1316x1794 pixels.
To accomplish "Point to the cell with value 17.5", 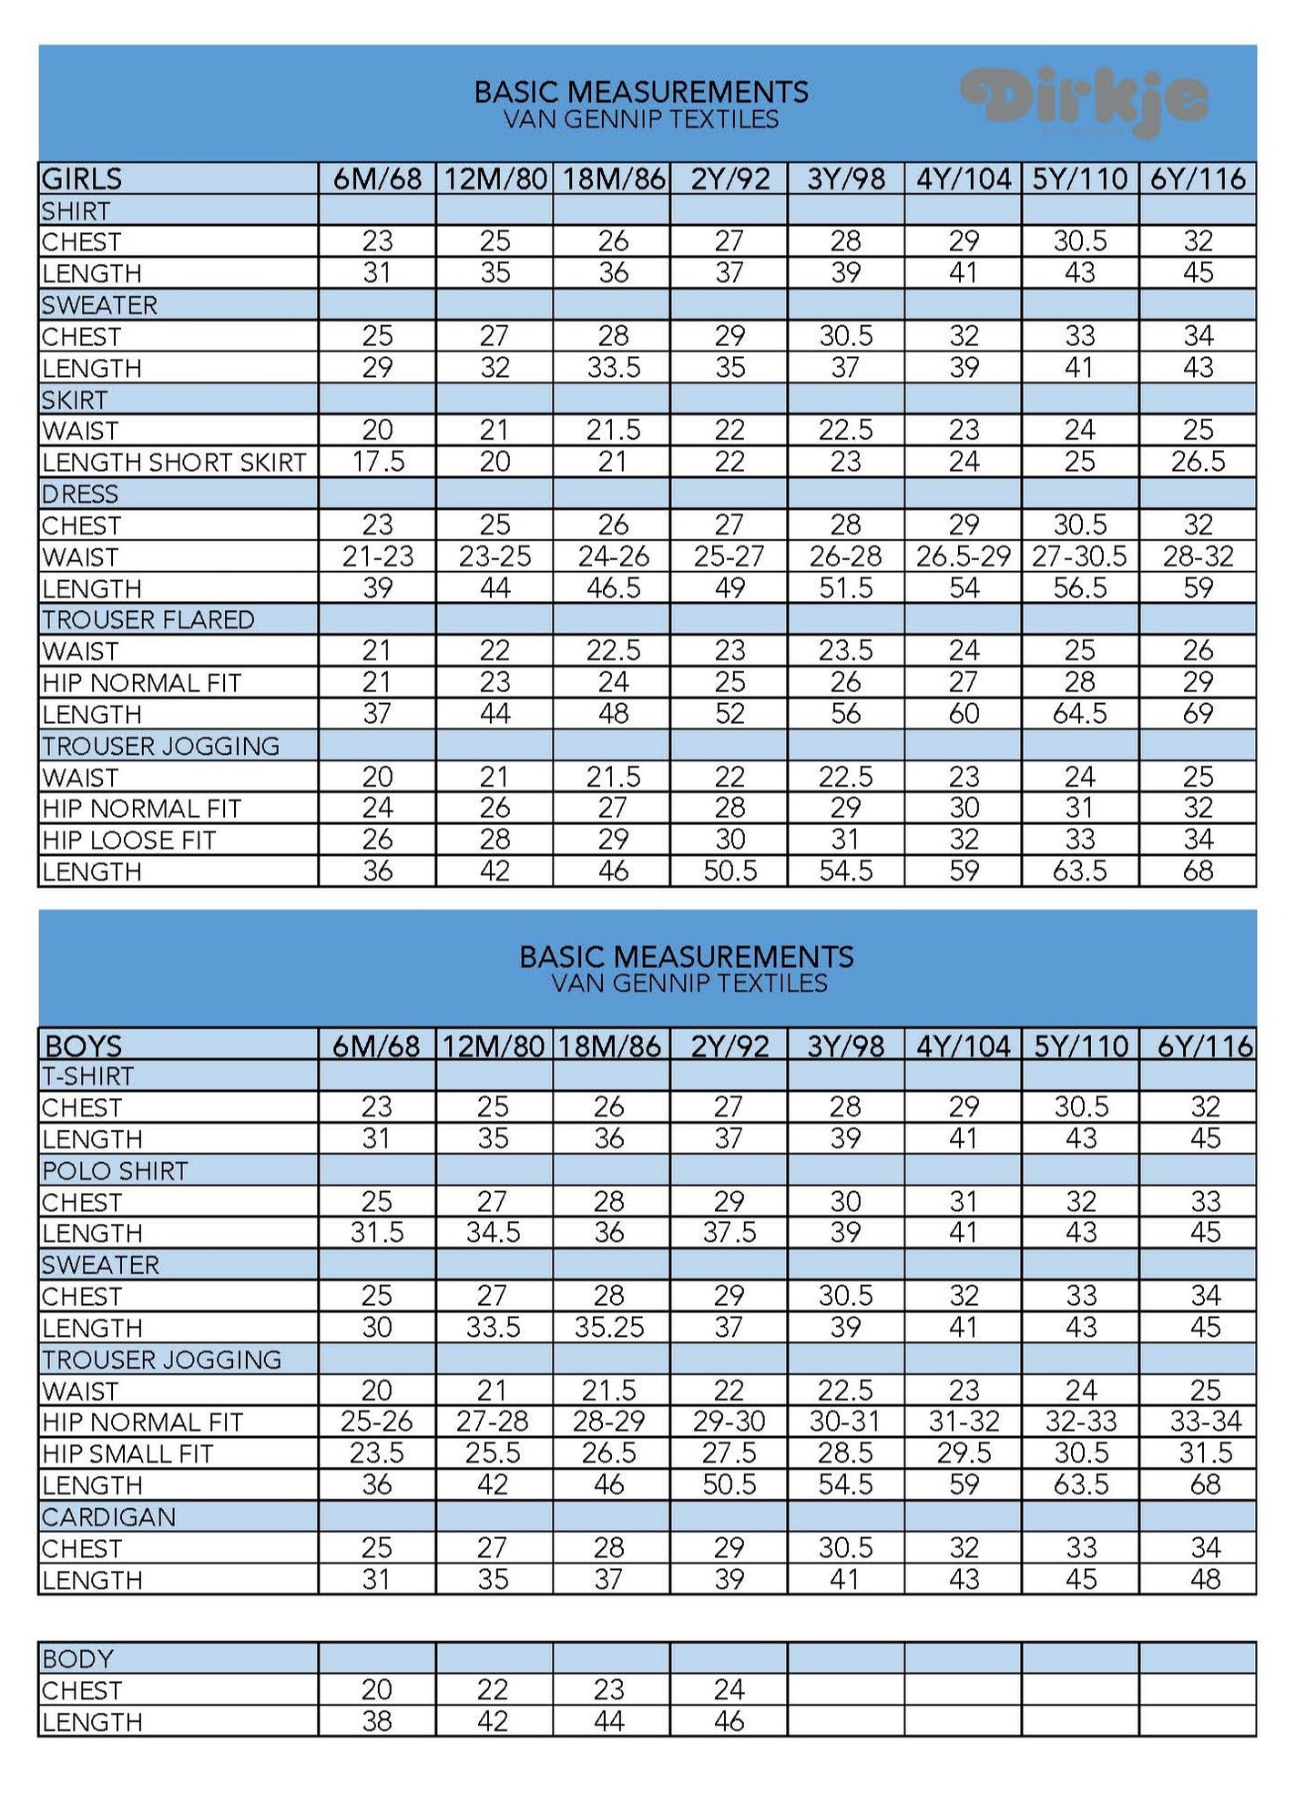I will pyautogui.click(x=378, y=463).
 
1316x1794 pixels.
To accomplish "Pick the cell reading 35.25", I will pyautogui.click(x=609, y=1328).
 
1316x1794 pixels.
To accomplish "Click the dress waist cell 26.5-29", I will pyautogui.click(x=963, y=556).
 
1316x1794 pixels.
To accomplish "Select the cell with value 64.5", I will pyautogui.click(x=1080, y=714).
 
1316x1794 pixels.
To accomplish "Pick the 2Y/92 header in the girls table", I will pyautogui.click(x=729, y=178).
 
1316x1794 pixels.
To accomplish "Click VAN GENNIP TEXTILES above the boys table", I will pyautogui.click(x=689, y=984).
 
